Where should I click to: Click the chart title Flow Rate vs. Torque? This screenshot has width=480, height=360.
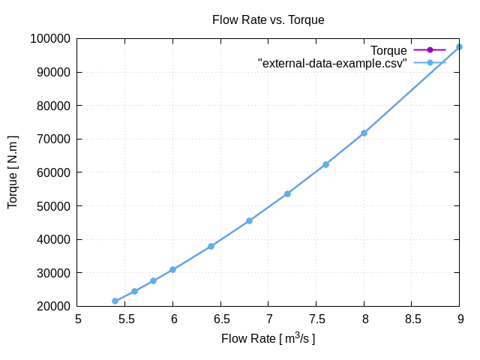pos(268,20)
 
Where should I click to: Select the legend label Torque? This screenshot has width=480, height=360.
pos(388,50)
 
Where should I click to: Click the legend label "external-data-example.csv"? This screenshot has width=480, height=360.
pos(332,63)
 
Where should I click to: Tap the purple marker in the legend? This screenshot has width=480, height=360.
pos(430,50)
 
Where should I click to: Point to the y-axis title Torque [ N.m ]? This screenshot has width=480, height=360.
pos(13,172)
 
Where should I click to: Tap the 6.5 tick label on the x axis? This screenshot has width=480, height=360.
pos(220,319)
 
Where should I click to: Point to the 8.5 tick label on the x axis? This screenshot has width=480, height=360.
pos(412,319)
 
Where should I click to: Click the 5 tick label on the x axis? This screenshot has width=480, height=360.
pos(78,319)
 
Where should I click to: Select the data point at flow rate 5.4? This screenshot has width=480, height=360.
pos(115,301)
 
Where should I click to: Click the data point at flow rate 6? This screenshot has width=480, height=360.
pos(173,269)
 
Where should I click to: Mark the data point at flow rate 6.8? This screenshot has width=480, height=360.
pos(249,220)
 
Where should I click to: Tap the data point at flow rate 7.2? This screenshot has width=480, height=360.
pos(287,193)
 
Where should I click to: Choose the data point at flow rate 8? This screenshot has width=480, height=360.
pos(364,133)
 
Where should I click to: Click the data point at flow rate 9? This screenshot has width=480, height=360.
pos(459,46)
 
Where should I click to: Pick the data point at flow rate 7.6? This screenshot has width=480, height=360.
pos(325,164)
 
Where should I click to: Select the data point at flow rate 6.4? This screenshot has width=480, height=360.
pos(211,246)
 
